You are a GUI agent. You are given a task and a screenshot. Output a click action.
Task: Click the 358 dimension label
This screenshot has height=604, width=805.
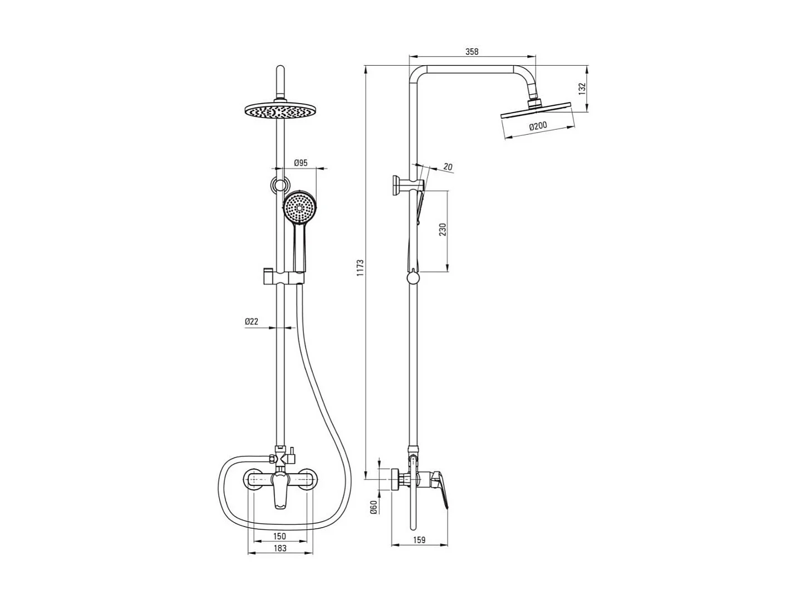coord(472,52)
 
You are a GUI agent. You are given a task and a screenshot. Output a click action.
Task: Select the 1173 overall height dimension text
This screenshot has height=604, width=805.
coord(361,268)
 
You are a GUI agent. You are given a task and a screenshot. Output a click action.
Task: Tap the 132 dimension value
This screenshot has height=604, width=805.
coord(582,89)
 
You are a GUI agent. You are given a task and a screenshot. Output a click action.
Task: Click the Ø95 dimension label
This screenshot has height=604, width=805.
coord(301,163)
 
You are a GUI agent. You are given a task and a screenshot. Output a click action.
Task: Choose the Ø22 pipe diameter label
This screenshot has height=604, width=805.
coord(252,322)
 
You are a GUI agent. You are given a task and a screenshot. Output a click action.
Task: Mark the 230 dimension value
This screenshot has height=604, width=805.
coord(443,230)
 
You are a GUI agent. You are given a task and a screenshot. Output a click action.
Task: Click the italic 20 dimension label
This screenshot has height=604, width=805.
coord(448,167)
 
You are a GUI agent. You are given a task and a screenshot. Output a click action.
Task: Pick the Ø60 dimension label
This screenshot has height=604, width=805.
coord(374,506)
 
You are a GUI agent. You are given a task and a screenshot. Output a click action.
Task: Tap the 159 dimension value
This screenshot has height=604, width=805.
coord(419,540)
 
